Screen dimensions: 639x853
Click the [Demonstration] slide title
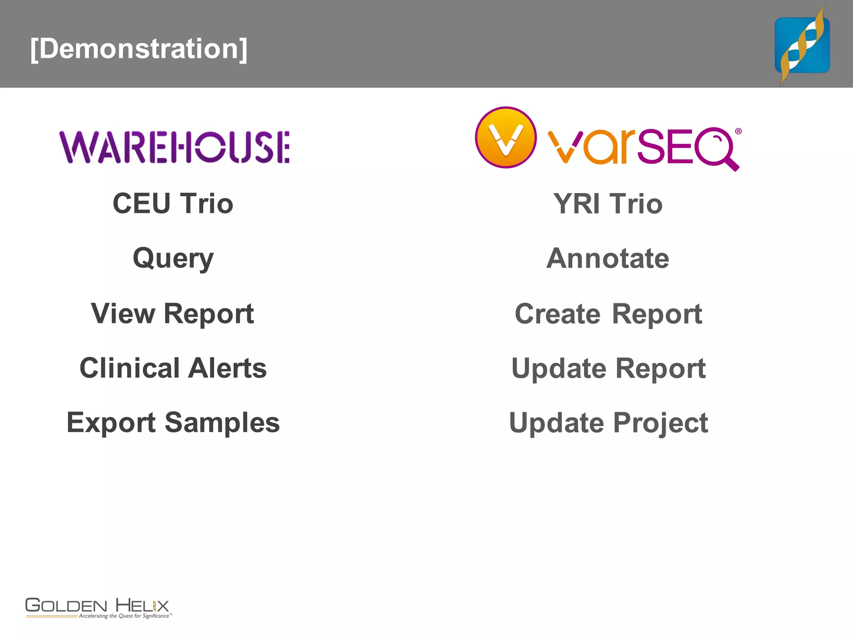pyautogui.click(x=139, y=49)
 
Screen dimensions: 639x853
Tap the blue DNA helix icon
pyautogui.click(x=802, y=45)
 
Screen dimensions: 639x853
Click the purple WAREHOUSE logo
pyautogui.click(x=175, y=147)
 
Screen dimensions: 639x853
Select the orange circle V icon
pyautogui.click(x=506, y=137)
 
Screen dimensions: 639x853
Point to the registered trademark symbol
pyautogui.click(x=738, y=131)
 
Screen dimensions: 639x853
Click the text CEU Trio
pyautogui.click(x=173, y=203)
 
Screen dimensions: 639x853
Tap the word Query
pyautogui.click(x=173, y=258)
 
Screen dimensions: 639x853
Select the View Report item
pyautogui.click(x=172, y=313)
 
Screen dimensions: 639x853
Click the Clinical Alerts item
pyautogui.click(x=173, y=368)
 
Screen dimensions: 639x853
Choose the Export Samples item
pyautogui.click(x=173, y=423)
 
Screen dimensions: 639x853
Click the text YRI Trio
pyautogui.click(x=608, y=204)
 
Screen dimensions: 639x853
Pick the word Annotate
pyautogui.click(x=608, y=258)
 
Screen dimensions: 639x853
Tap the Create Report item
pyautogui.click(x=608, y=314)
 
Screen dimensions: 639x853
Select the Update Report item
pyautogui.click(x=608, y=369)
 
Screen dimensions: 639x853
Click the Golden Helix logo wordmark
pyautogui.click(x=97, y=605)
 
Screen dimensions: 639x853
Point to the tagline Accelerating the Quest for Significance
pyautogui.click(x=124, y=616)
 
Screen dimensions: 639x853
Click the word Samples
pyautogui.click(x=222, y=423)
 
